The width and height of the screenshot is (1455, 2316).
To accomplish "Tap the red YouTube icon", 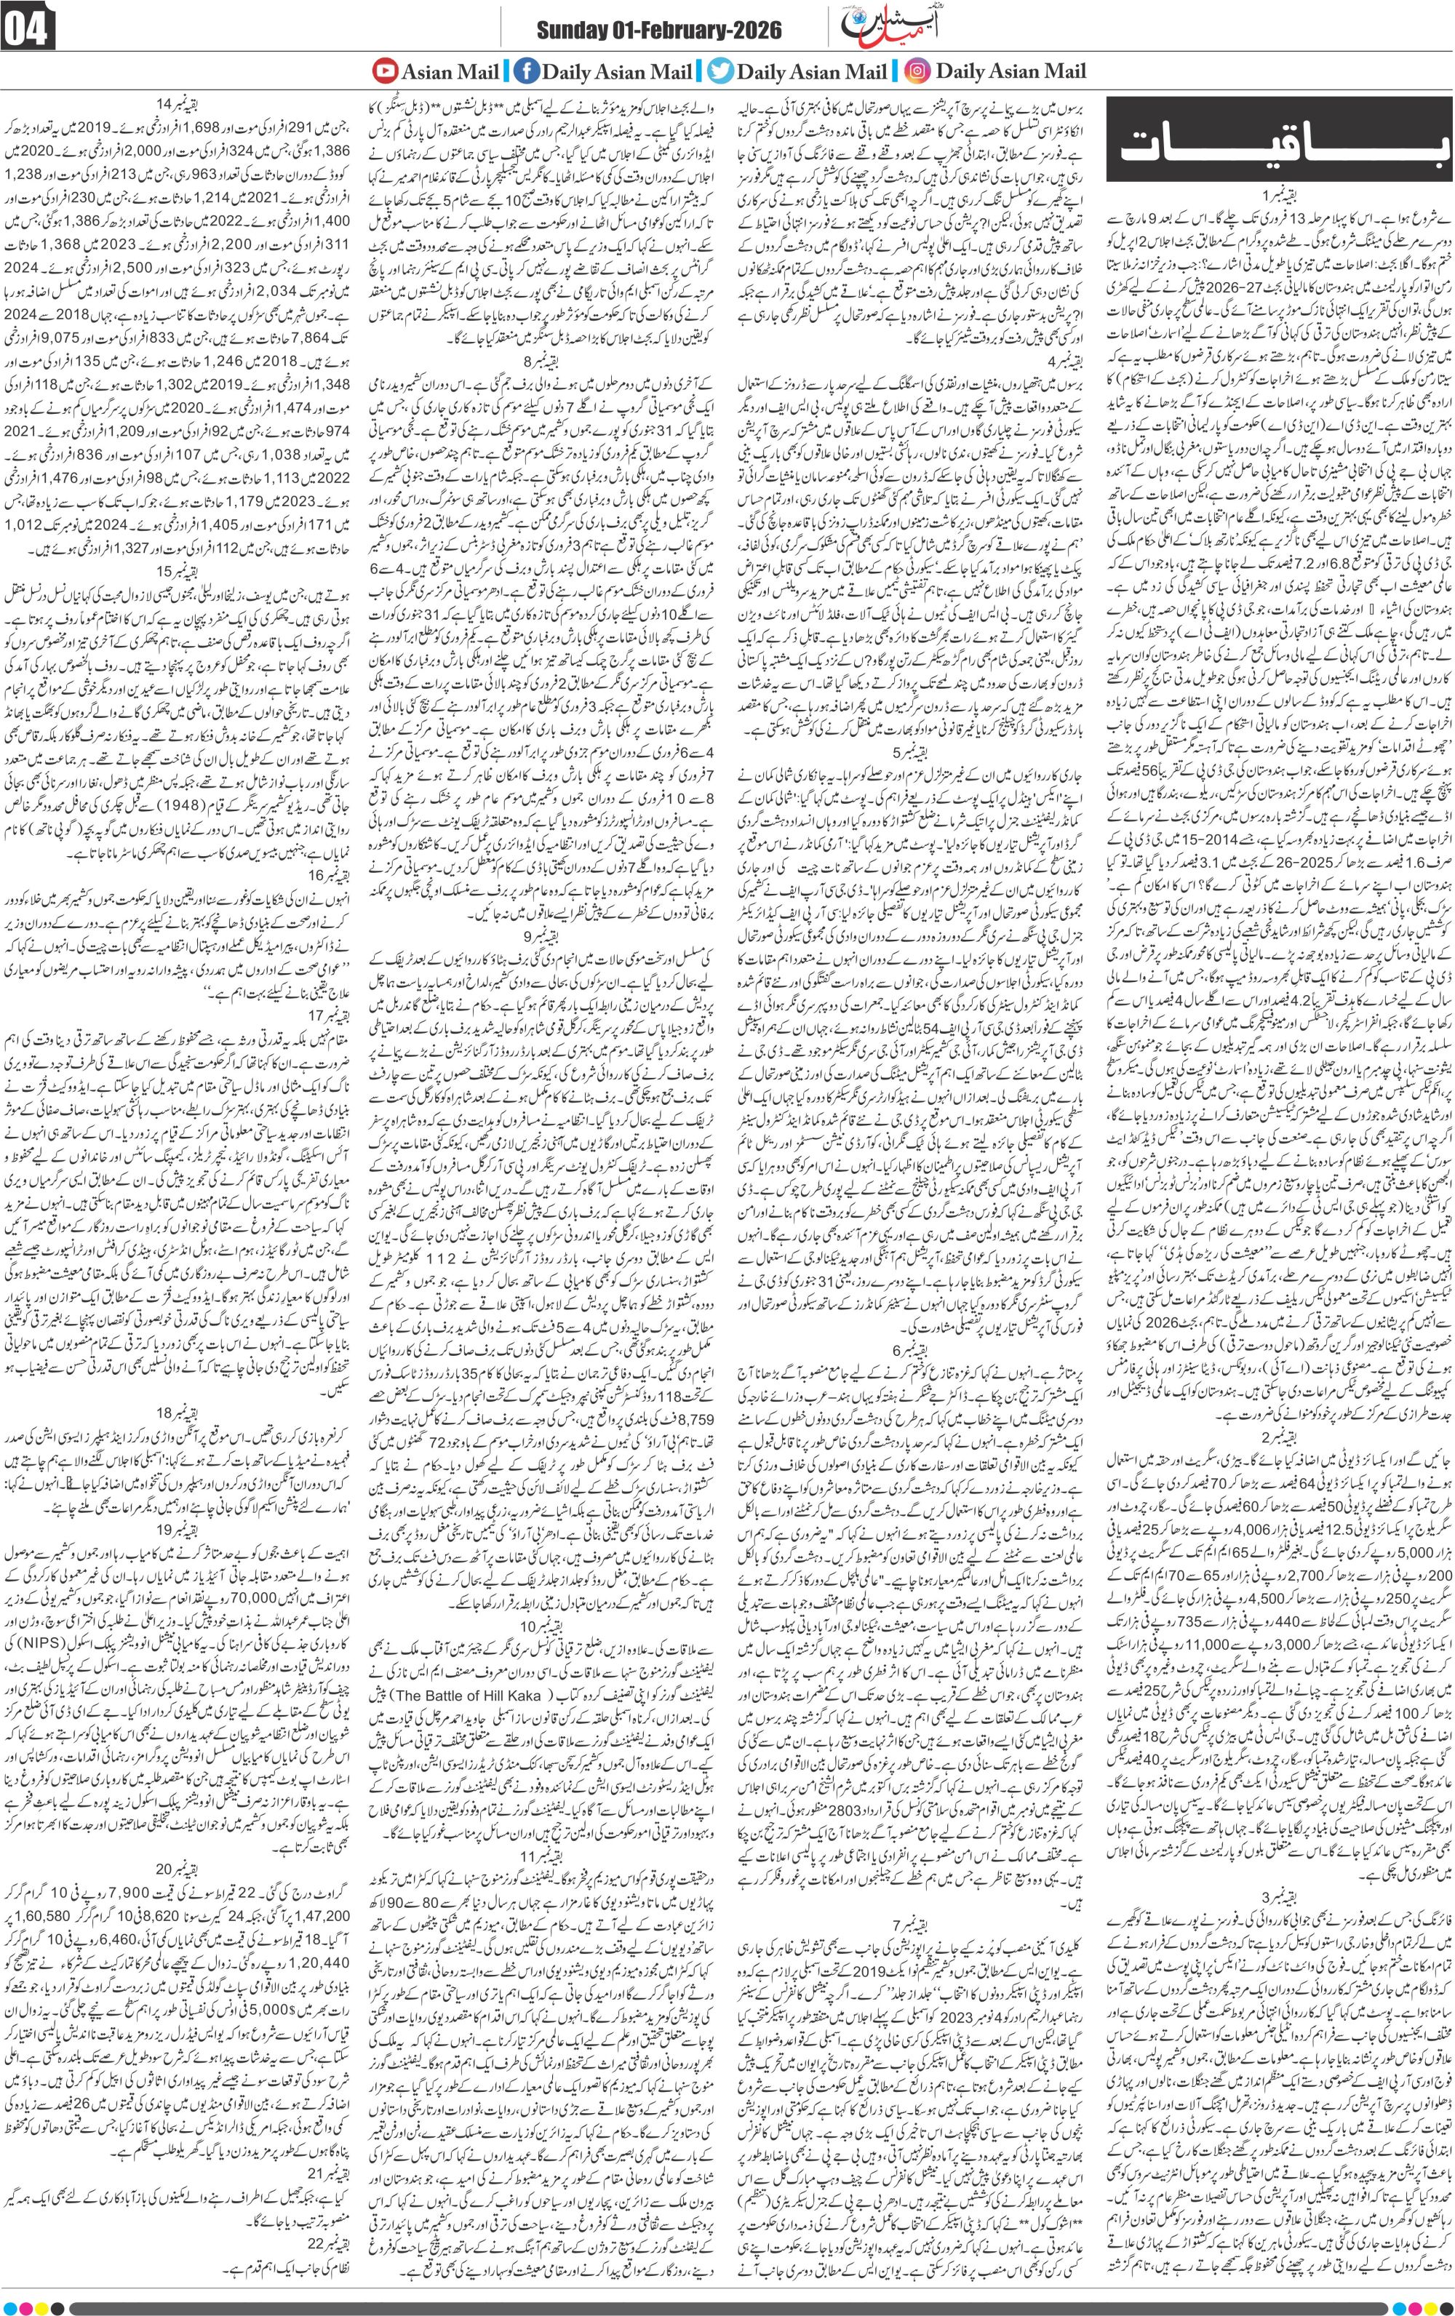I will click(386, 71).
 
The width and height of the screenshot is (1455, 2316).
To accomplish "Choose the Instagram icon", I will click(917, 71).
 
